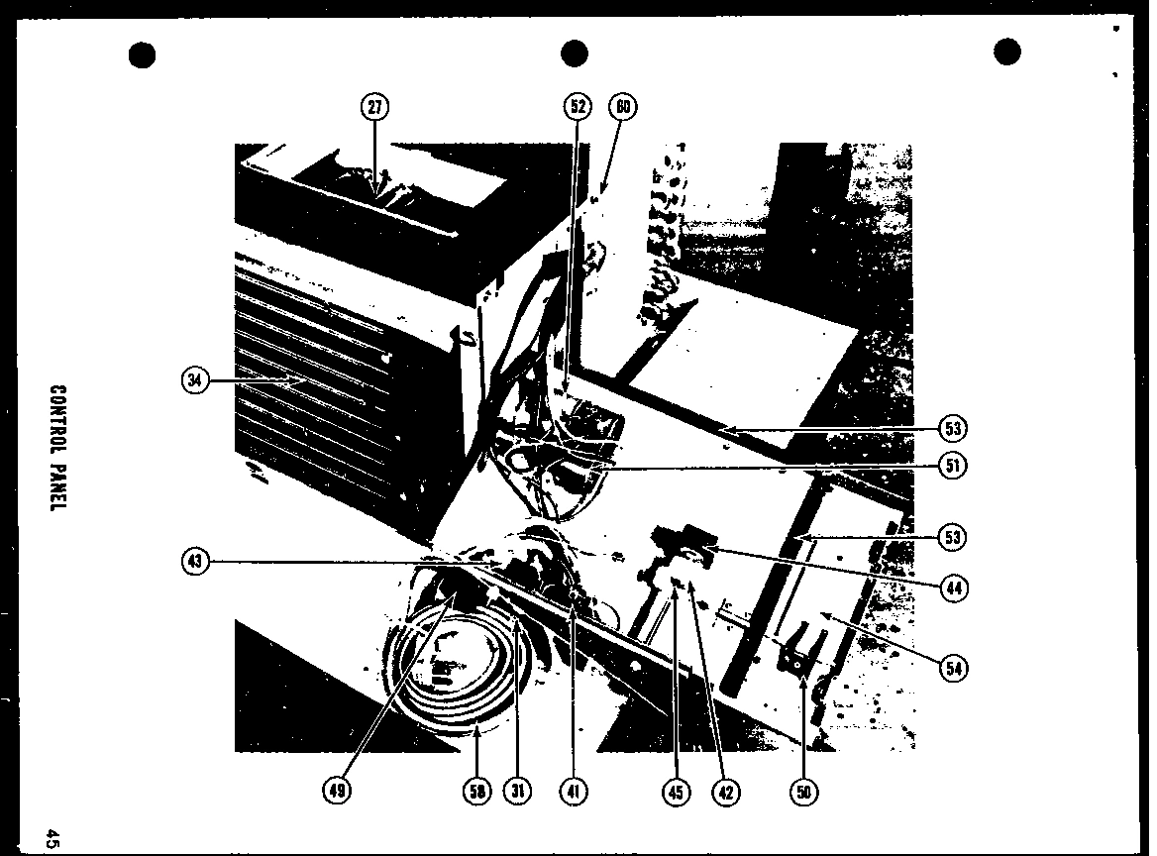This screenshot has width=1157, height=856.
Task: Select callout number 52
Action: pos(578,107)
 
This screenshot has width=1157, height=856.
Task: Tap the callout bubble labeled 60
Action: pos(622,107)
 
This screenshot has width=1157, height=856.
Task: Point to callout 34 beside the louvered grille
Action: pos(196,380)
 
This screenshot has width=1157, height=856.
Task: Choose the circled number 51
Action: pos(953,465)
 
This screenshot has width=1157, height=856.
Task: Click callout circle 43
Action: pos(196,562)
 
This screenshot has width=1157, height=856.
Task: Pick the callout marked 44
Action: pos(953,588)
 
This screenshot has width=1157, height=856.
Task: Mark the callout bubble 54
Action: pos(953,668)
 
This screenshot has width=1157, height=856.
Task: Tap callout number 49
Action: pos(337,791)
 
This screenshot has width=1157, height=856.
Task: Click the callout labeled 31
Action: pos(517,791)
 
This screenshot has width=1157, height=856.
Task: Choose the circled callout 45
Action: pos(677,791)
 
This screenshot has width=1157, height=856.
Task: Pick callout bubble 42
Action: pos(725,791)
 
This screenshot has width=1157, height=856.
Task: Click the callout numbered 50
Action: pos(803,791)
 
